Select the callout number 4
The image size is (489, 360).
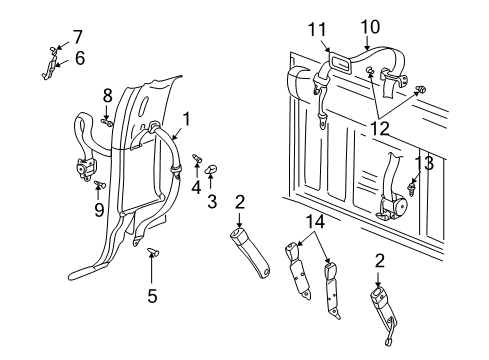click(196, 186)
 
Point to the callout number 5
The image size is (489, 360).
click(152, 295)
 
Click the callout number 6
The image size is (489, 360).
click(79, 58)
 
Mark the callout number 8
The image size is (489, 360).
click(108, 95)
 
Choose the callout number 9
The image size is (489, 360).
click(97, 209)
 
